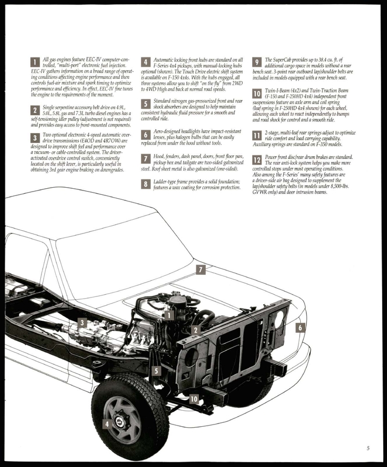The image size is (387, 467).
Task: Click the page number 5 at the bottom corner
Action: pyautogui.click(x=368, y=448)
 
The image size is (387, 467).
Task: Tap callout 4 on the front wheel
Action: pyautogui.click(x=106, y=424)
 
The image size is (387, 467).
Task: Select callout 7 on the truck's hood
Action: pyautogui.click(x=201, y=269)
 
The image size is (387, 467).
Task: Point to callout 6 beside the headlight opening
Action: pyautogui.click(x=300, y=327)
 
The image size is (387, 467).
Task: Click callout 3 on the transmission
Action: pyautogui.click(x=82, y=323)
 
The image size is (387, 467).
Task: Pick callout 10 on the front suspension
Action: pyautogui.click(x=194, y=399)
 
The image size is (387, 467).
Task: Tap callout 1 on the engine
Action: pyautogui.click(x=169, y=315)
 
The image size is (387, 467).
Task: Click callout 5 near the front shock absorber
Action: pyautogui.click(x=157, y=371)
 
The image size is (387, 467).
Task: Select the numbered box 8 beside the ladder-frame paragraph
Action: pyautogui.click(x=146, y=184)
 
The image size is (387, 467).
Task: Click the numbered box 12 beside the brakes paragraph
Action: pyautogui.click(x=257, y=160)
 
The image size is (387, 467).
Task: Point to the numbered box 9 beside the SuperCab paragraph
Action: pyautogui.click(x=257, y=62)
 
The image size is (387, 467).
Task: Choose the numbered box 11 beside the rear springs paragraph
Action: pyautogui.click(x=257, y=135)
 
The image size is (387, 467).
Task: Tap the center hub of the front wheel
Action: pyautogui.click(x=119, y=421)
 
